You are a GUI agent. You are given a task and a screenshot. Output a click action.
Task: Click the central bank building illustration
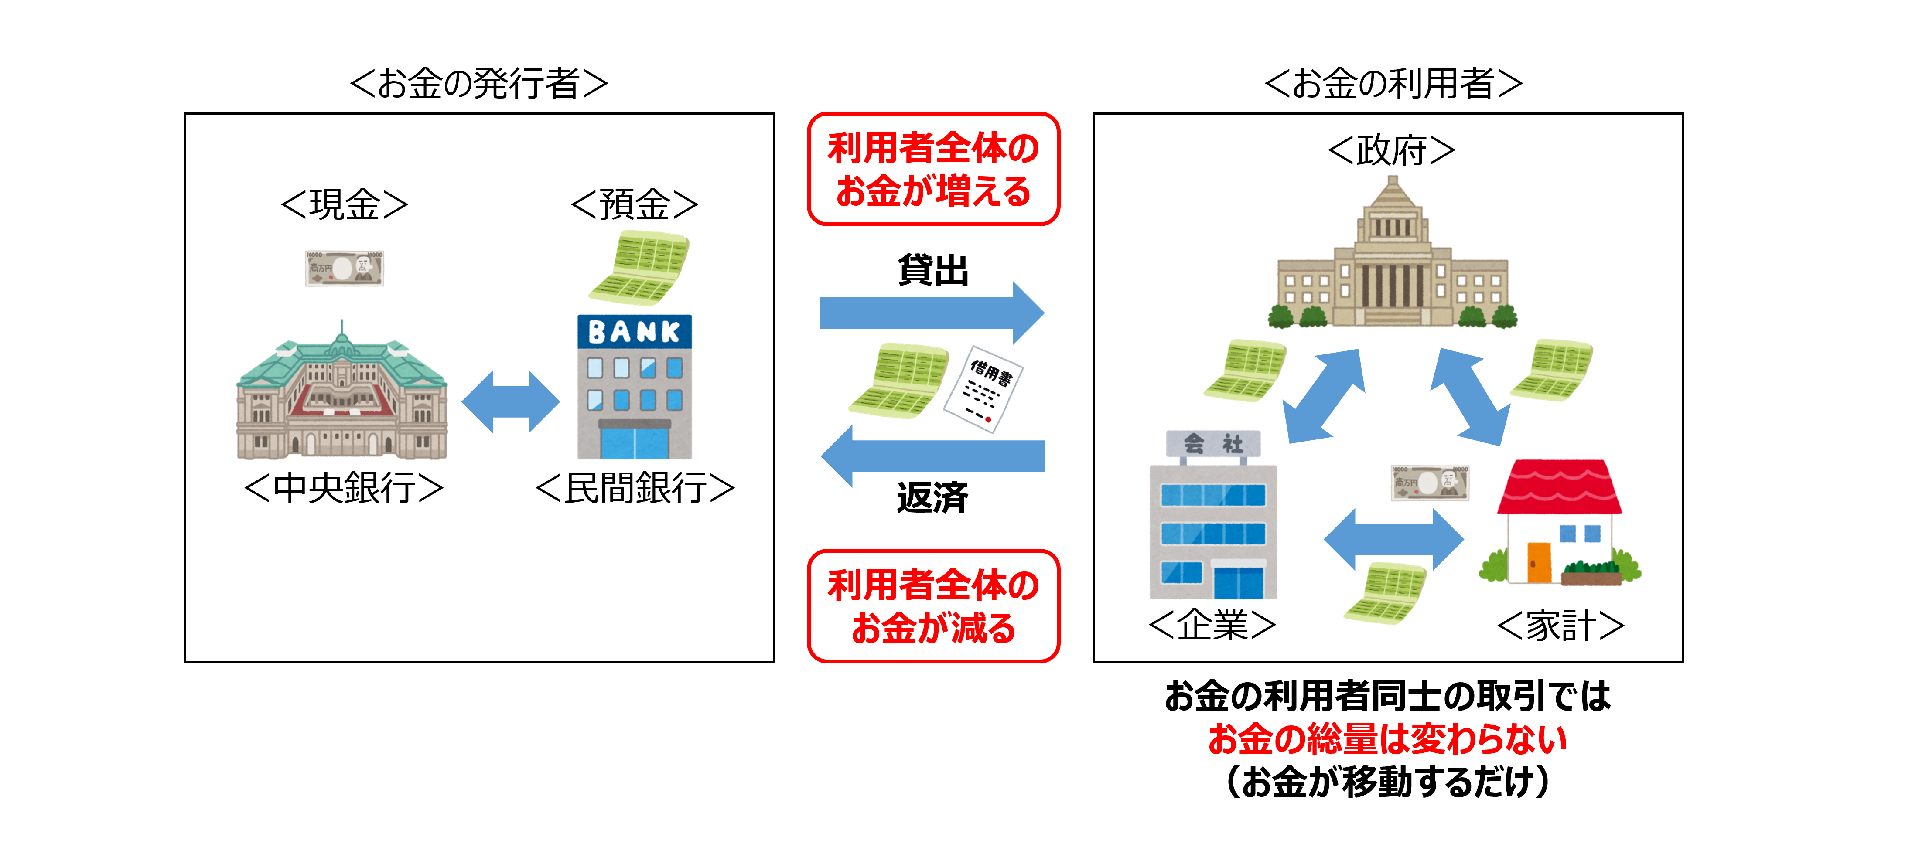[342, 395]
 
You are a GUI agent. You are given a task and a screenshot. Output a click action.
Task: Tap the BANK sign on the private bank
[634, 331]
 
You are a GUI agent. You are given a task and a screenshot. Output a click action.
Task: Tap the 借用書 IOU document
[983, 387]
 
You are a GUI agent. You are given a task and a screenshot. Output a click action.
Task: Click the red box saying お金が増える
[933, 169]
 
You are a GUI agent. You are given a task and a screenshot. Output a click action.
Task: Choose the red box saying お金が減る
[933, 606]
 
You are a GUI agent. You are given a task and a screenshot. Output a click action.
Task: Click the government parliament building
[1392, 261]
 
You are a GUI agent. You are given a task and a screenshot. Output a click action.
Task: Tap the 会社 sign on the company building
[1213, 444]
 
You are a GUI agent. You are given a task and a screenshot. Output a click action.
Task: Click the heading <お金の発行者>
[479, 83]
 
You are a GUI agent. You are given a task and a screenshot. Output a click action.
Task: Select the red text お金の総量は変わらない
[1387, 739]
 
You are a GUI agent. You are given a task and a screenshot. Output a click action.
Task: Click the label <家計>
[1560, 626]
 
